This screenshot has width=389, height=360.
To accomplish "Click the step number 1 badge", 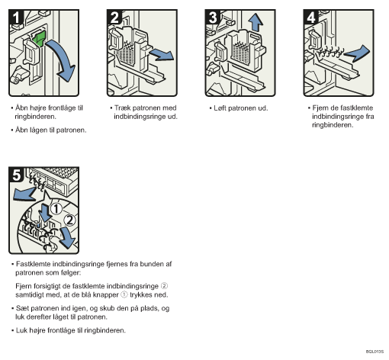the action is pos(16,17).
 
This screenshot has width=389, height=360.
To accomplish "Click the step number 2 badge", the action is pos(114,17).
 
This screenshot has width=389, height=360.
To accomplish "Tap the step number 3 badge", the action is pos(213,17).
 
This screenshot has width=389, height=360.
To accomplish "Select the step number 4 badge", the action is pos(311,17).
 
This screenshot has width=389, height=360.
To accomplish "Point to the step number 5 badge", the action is pos(16,175).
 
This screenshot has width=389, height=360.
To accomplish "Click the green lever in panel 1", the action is pos(39,38).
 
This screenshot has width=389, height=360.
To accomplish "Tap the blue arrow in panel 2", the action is pos(162,54).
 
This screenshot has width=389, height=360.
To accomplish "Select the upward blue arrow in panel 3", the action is pos(256,22).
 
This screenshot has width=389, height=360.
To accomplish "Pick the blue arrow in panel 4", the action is pos(357,53).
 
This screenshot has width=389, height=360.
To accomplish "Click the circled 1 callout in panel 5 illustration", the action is pos(56,209).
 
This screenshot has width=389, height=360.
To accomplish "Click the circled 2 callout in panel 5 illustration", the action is pos(69,220).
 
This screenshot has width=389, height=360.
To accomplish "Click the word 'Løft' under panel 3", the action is pos(220,108).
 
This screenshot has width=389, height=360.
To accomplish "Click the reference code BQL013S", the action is pos(375,352).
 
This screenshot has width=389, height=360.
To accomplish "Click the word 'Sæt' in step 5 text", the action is pos(21,308).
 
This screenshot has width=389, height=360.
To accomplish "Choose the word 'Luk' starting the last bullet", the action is pos(21,330).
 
